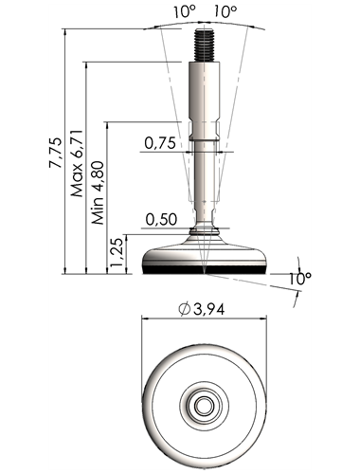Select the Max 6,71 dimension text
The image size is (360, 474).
click(77, 163)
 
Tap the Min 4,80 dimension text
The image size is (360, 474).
click(98, 192)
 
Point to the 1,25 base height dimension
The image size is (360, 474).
click(116, 251)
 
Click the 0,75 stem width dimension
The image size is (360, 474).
click(160, 143)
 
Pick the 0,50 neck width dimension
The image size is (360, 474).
click(161, 219)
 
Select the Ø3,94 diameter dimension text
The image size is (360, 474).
click(202, 309)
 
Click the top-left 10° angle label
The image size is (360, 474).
click(185, 12)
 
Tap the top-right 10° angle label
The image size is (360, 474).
click(225, 12)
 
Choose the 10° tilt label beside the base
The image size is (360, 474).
click(300, 279)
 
